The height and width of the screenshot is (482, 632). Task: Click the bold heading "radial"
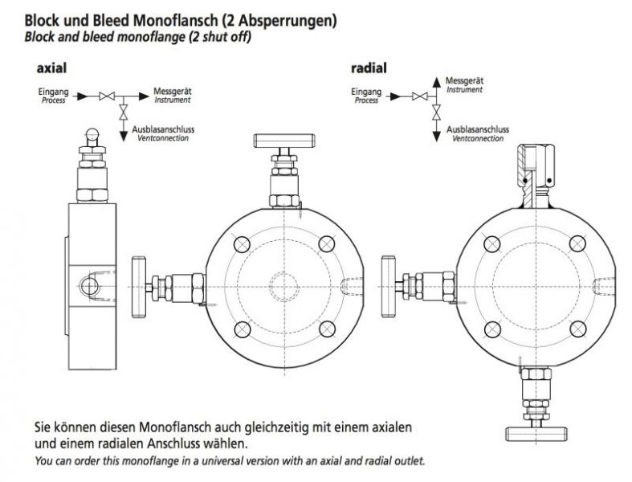tap(368, 67)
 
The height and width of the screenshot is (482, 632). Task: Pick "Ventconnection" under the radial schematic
tap(479, 138)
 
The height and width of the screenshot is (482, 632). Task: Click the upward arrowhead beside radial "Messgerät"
tap(436, 80)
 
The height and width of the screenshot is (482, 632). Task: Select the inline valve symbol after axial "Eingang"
tap(104, 96)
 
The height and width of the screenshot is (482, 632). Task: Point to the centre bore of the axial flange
tap(285, 285)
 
